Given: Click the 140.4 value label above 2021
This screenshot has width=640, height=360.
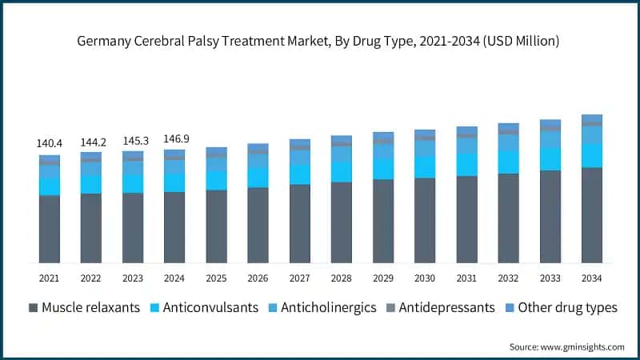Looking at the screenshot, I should (x=49, y=143).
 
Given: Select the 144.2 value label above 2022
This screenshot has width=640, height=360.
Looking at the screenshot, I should (x=91, y=142).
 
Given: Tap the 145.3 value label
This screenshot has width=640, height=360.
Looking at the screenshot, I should (x=133, y=141).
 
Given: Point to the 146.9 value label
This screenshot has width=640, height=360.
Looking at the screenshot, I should (x=174, y=139).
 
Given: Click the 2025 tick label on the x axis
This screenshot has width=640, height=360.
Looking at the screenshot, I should (x=216, y=278).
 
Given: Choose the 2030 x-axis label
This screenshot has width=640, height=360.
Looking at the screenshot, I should (x=425, y=278).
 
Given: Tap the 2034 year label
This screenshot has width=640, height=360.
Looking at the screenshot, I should (x=592, y=278).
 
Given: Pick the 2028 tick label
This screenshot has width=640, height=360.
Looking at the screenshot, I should (x=342, y=278).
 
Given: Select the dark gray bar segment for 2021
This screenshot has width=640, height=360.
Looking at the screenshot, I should (x=49, y=229).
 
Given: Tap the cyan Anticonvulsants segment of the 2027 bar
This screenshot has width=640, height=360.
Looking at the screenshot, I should (x=300, y=174).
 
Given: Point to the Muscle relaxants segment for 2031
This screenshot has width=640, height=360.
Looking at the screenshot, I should (x=466, y=219).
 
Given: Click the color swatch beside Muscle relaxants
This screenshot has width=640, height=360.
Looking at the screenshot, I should (x=34, y=308).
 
